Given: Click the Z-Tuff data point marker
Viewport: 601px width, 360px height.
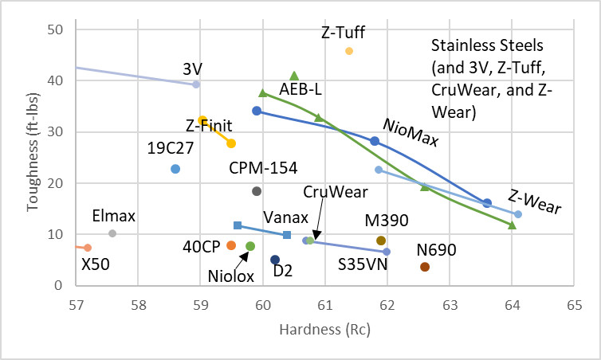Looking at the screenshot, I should pos(349,51).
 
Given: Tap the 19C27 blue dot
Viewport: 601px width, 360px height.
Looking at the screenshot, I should pos(175,169).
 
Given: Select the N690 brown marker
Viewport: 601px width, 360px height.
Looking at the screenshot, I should pos(425,267).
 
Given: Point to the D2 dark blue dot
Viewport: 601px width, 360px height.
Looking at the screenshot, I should pos(275,260).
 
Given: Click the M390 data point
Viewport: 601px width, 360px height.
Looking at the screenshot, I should pos(381,241).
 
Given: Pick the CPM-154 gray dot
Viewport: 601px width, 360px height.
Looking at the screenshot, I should pos(257,191).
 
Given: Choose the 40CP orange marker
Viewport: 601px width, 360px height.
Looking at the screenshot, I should pos(231,245).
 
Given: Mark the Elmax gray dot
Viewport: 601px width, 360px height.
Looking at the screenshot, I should pos(112,233).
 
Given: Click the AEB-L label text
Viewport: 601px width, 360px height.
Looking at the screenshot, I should pos(300,89).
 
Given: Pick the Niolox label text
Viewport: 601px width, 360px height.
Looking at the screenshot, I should pos(231,276).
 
